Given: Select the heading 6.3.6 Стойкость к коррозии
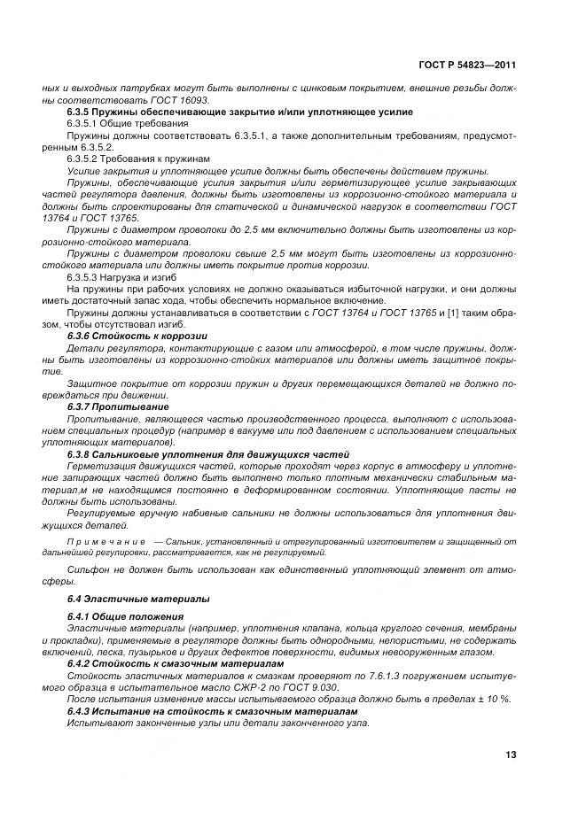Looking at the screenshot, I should [137, 337].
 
